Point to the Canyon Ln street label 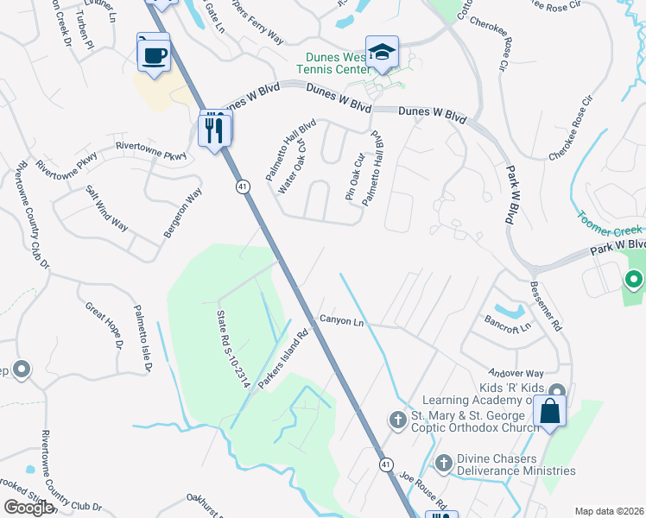coord(343,320)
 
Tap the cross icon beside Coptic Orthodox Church coord(397,420)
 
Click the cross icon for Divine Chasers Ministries coord(444,464)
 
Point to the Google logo coord(28,508)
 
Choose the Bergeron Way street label coord(182,212)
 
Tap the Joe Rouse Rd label coord(423,490)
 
